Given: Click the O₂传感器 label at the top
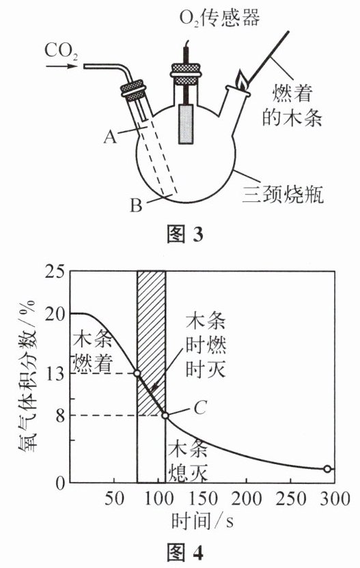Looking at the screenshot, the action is coord(219,17).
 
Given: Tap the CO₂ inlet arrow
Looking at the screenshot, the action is coord(62,66).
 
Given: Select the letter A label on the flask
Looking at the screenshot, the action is coord(110,137).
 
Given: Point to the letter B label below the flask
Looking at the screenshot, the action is coord(136,205).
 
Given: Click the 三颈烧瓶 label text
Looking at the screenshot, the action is coord(283,195).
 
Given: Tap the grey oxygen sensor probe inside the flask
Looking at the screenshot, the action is coord(186,124).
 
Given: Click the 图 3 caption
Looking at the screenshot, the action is coord(185,235).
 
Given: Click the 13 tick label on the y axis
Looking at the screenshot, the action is coord(55,373).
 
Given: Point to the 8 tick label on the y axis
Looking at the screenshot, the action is coord(60,415).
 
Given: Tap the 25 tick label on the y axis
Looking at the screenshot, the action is coord(55,271).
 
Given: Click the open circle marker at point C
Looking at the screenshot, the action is coord(165,416).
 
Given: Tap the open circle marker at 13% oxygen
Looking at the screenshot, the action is coord(137,373).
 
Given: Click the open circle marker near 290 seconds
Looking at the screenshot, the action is coord(327,469).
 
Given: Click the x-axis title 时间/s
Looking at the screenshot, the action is coord(202,521).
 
